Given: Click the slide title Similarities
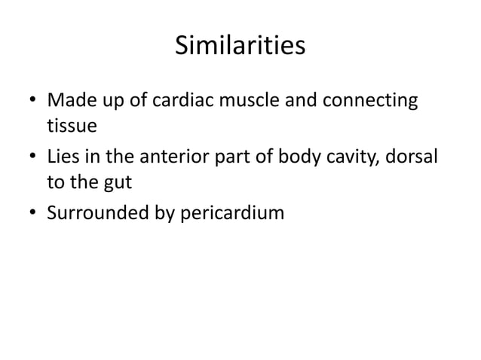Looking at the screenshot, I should (240, 46).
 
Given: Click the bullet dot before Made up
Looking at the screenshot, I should (32, 101).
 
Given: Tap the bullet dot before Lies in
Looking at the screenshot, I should (32, 157).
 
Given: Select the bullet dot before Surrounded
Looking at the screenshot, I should (32, 214).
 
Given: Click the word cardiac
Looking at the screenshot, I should (171, 100).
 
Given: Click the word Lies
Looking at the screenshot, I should (64, 156).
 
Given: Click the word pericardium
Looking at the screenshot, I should (233, 214).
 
